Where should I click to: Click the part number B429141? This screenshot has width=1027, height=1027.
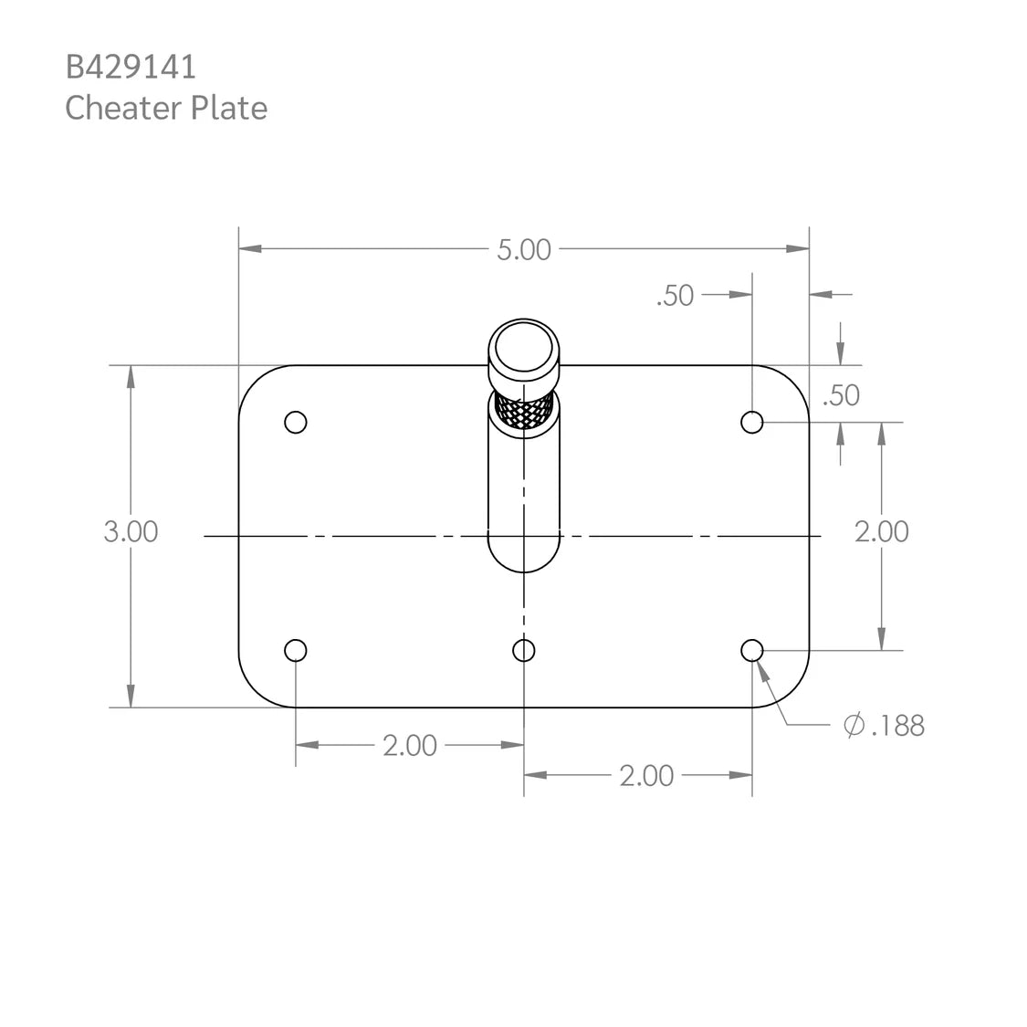pos(131,67)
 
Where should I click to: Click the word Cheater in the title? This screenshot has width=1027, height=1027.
pos(123,108)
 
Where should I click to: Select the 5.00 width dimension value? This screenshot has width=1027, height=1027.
pos(523,250)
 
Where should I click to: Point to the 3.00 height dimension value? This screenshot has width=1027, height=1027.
pos(131,531)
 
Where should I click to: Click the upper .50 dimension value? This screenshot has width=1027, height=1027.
pos(675,296)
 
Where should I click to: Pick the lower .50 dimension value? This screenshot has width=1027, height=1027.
pos(841,395)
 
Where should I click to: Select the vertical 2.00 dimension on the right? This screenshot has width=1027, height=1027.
pos(881,531)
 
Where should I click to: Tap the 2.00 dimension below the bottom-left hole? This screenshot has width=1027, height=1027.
pos(409,746)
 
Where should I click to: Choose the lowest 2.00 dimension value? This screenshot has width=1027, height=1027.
pos(646,776)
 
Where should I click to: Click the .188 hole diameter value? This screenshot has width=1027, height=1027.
pos(897,726)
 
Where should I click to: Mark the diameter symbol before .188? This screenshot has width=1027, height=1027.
pos(854,726)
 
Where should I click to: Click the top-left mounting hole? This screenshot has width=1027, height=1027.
pos(295,422)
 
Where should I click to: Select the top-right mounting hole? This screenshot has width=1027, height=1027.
pos(751,422)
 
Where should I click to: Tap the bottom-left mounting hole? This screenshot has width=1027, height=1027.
pos(295,650)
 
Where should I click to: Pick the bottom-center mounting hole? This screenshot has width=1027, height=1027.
pos(523,650)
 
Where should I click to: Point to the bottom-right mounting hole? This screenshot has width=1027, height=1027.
pos(751,650)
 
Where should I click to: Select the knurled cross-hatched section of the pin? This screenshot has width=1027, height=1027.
pos(523,414)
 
